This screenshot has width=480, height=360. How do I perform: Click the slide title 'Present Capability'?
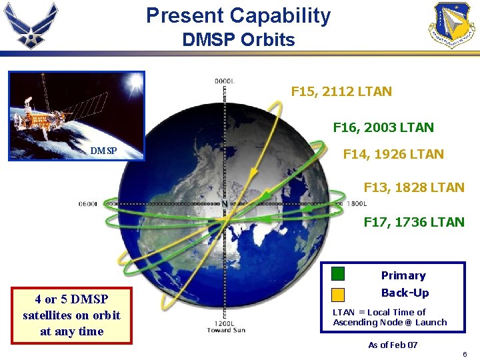pos(238,15)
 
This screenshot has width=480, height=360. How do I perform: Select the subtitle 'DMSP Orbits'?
pos(238,40)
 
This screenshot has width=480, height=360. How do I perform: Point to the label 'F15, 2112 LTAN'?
pos(341,91)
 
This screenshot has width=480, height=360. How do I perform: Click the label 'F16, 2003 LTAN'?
pos(383,127)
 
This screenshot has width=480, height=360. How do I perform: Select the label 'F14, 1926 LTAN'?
pos(393,154)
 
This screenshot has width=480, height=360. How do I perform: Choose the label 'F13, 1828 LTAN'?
pos(413,188)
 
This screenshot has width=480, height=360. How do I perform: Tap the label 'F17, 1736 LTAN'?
pos(413,222)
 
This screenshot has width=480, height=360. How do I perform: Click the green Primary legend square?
pos(339,273)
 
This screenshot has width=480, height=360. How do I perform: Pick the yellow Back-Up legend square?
pos(339,294)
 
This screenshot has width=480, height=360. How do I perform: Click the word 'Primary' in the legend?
pos(403,275)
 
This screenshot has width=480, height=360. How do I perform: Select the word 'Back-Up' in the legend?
pos(405,293)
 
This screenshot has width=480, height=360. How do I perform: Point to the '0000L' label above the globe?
pos(224,81)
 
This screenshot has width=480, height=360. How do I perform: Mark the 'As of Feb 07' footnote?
pos(393,345)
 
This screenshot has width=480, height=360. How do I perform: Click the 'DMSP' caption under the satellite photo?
pos(103,151)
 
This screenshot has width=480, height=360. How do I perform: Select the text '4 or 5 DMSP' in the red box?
pos(71,299)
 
